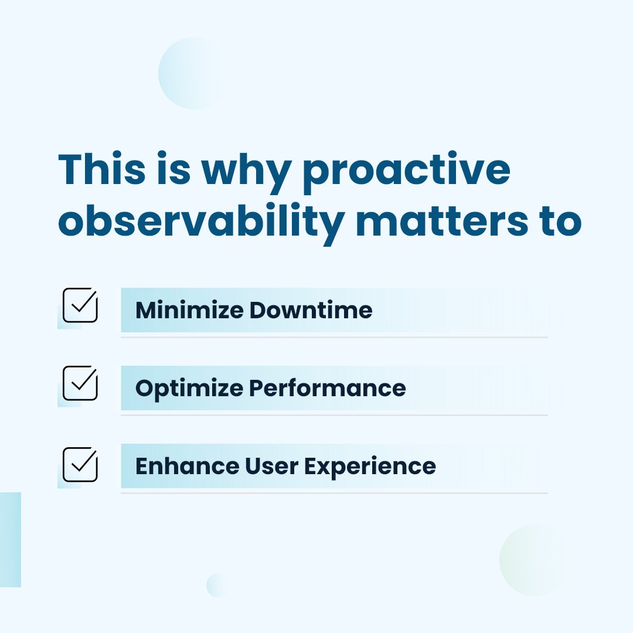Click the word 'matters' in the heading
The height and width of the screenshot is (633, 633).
pos(442,220)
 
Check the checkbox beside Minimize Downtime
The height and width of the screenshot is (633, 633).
pos(80,305)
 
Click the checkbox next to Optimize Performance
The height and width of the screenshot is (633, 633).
pos(80,383)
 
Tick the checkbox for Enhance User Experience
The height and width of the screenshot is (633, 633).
pos(80,465)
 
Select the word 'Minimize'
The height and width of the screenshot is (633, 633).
pos(189,310)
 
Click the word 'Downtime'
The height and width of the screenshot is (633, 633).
pos(311,310)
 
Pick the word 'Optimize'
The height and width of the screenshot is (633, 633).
pos(189,389)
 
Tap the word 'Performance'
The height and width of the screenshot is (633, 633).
pos(328,388)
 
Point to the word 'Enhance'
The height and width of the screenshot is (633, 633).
pos(188,466)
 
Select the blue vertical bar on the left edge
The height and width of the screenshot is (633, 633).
pos(11,539)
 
